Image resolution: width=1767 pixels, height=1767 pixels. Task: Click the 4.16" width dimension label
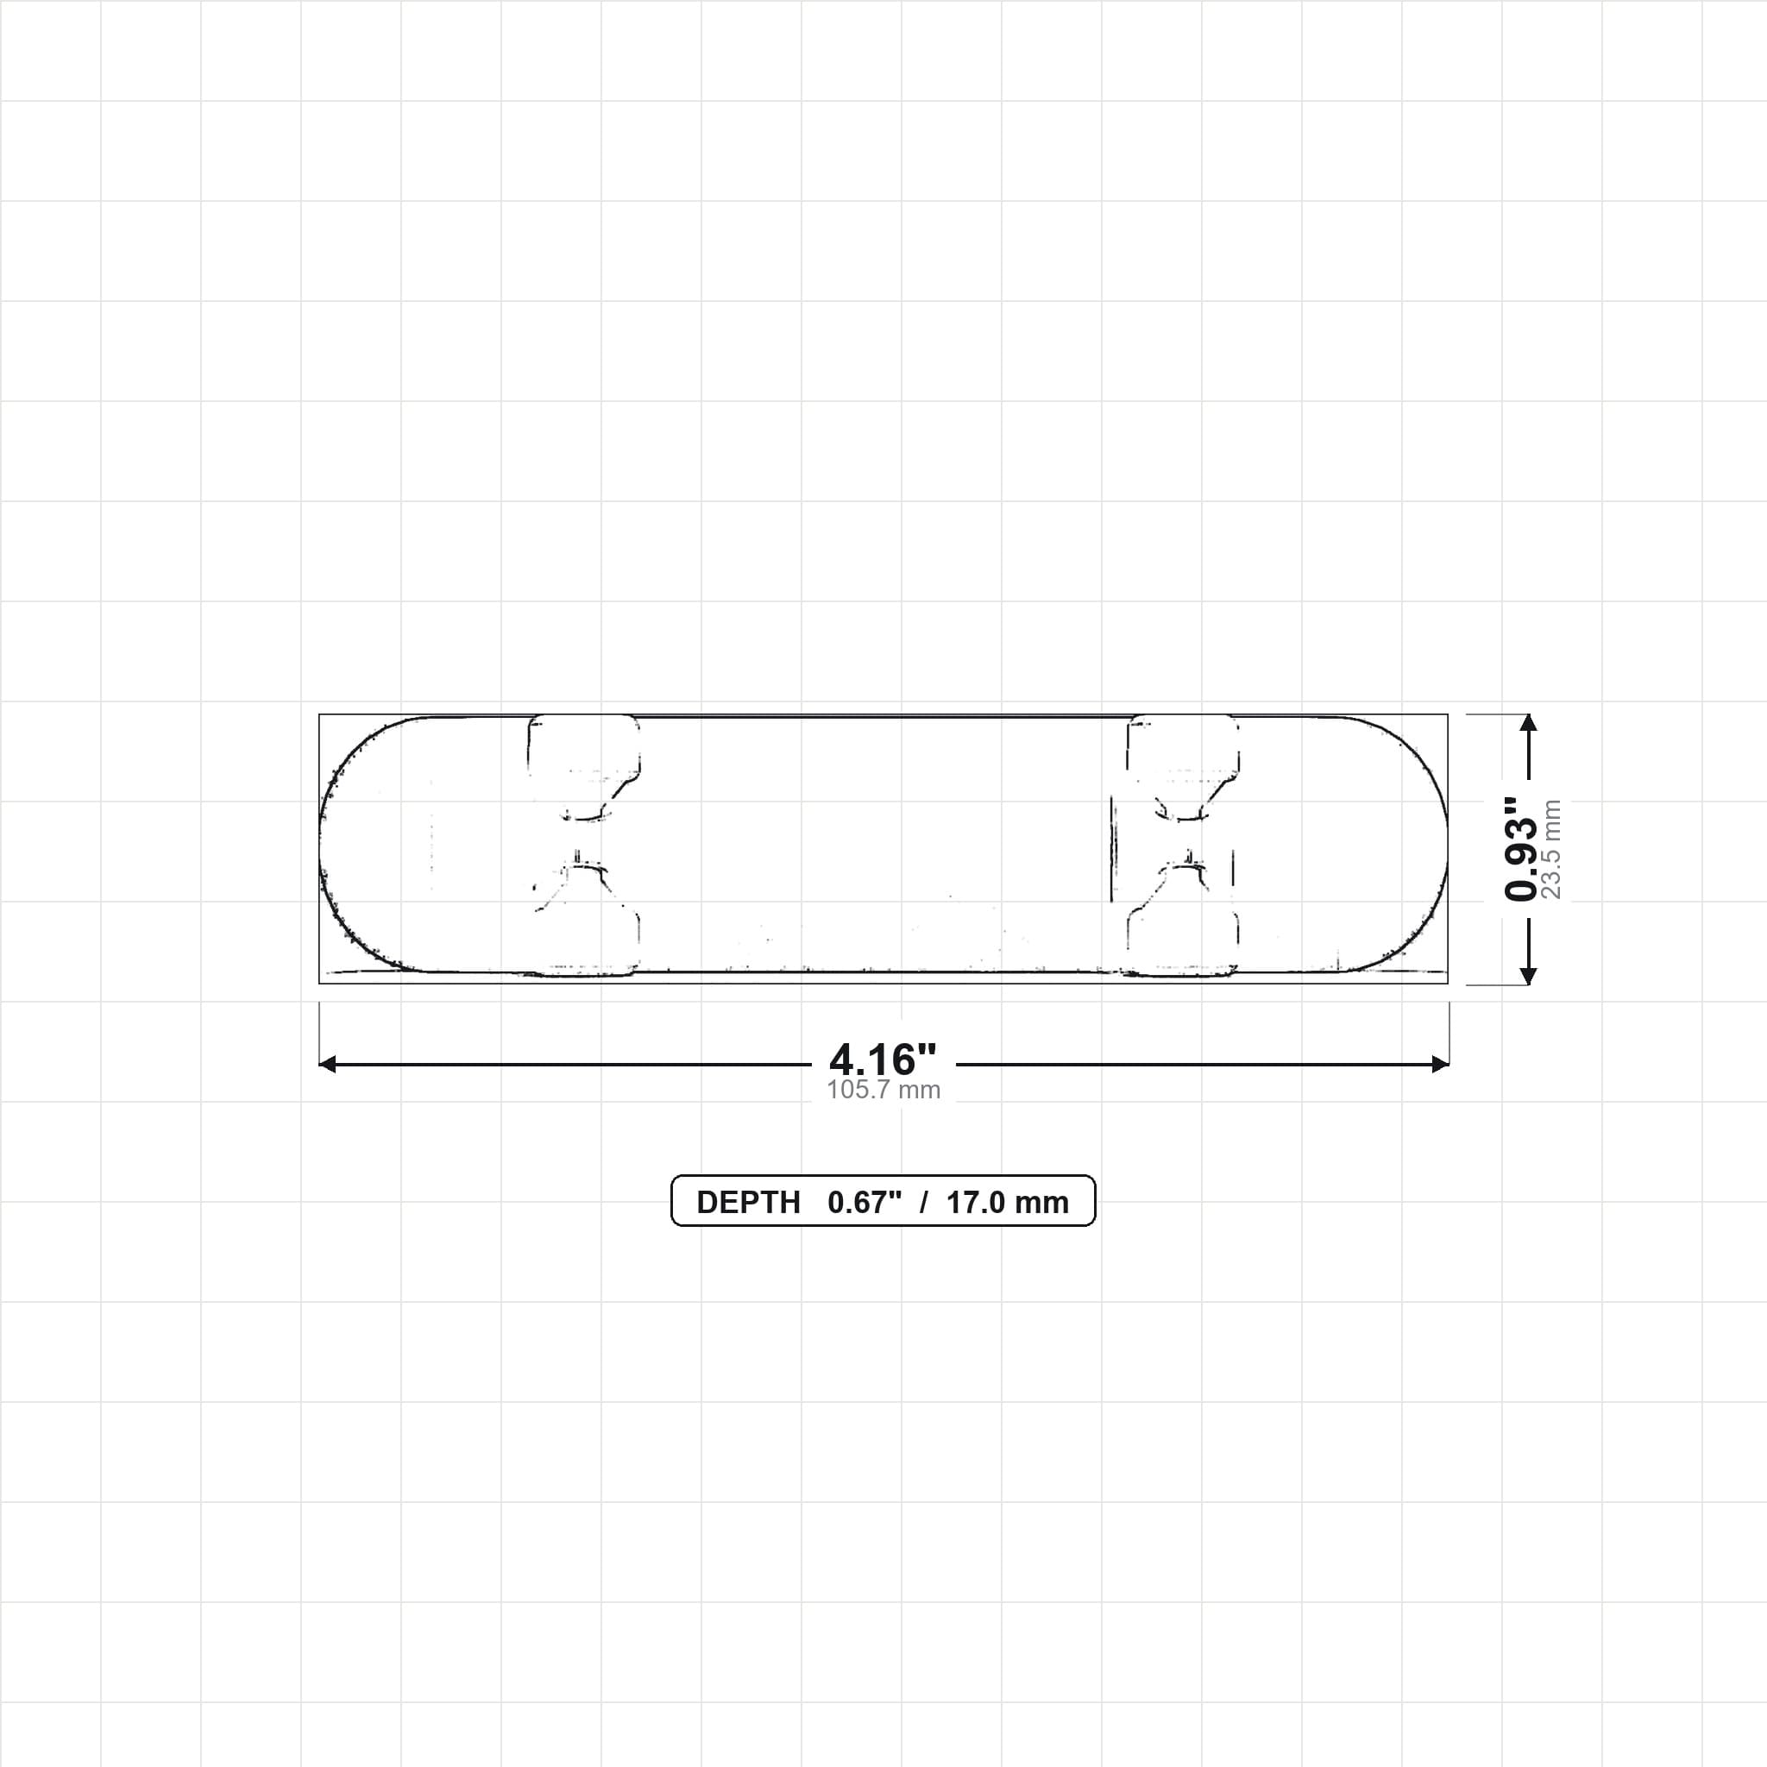pos(883,1060)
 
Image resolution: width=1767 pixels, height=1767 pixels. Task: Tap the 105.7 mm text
pos(883,1090)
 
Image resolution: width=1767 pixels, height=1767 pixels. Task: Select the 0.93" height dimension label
pos(1522,848)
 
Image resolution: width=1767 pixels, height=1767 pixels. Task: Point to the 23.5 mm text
pos(1551,849)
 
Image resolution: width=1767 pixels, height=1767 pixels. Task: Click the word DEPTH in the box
pos(748,1203)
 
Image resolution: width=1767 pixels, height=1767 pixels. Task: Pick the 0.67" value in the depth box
pos(865,1202)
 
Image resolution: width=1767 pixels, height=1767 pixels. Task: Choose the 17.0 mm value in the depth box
pos(1007,1203)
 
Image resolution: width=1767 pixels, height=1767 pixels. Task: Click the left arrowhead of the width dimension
pos(327,1064)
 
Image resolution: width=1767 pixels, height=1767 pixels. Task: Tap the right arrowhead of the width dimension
pos(1441,1064)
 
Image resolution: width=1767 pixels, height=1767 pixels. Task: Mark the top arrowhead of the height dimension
pos(1527,722)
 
